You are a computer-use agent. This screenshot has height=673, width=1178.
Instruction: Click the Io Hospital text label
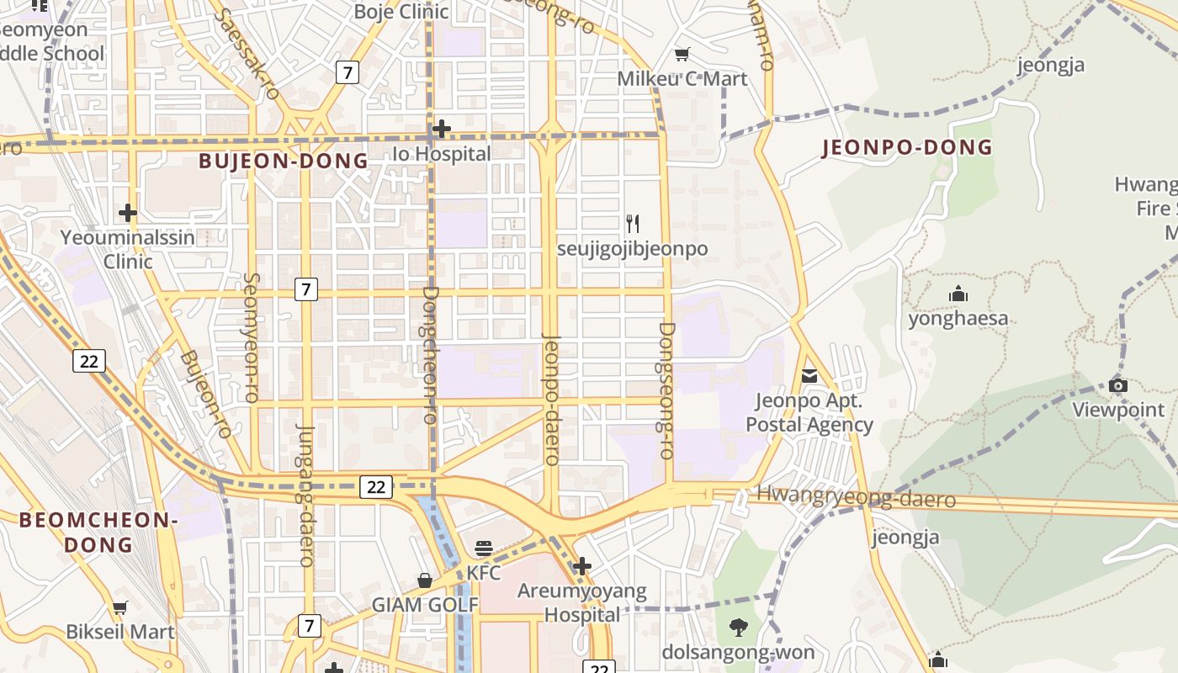click(x=442, y=154)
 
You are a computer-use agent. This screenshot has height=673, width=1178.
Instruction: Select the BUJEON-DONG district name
click(x=284, y=161)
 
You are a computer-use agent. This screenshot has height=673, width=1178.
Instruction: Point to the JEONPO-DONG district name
click(x=907, y=147)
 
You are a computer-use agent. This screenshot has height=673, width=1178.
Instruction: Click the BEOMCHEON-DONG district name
click(x=98, y=532)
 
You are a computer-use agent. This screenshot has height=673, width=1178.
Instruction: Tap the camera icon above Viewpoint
click(x=1118, y=386)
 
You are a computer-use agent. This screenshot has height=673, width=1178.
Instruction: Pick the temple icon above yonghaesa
click(x=958, y=294)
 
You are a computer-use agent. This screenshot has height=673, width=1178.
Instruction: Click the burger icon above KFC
click(x=484, y=549)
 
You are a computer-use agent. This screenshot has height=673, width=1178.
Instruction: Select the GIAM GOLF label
click(x=425, y=605)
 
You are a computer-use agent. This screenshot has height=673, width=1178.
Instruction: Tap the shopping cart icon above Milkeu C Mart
click(x=682, y=55)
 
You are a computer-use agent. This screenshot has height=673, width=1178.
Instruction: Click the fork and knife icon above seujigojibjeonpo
click(x=633, y=224)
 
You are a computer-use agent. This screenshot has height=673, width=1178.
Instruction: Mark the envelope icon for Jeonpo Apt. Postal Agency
click(x=809, y=376)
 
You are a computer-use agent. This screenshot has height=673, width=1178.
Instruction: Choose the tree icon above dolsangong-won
click(x=738, y=627)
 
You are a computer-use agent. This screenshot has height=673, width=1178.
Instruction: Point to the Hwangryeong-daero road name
click(x=856, y=497)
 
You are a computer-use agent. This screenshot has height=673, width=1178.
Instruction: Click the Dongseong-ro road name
click(x=666, y=390)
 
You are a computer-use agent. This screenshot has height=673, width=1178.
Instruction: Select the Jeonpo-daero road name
click(x=552, y=400)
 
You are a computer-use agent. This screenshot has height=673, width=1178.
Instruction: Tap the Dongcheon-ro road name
click(x=430, y=354)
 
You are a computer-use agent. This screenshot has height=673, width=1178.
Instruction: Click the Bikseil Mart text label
click(x=120, y=632)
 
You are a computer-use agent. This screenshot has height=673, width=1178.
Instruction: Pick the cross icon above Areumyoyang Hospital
click(x=581, y=566)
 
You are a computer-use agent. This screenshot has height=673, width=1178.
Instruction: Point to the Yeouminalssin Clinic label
click(x=128, y=249)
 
